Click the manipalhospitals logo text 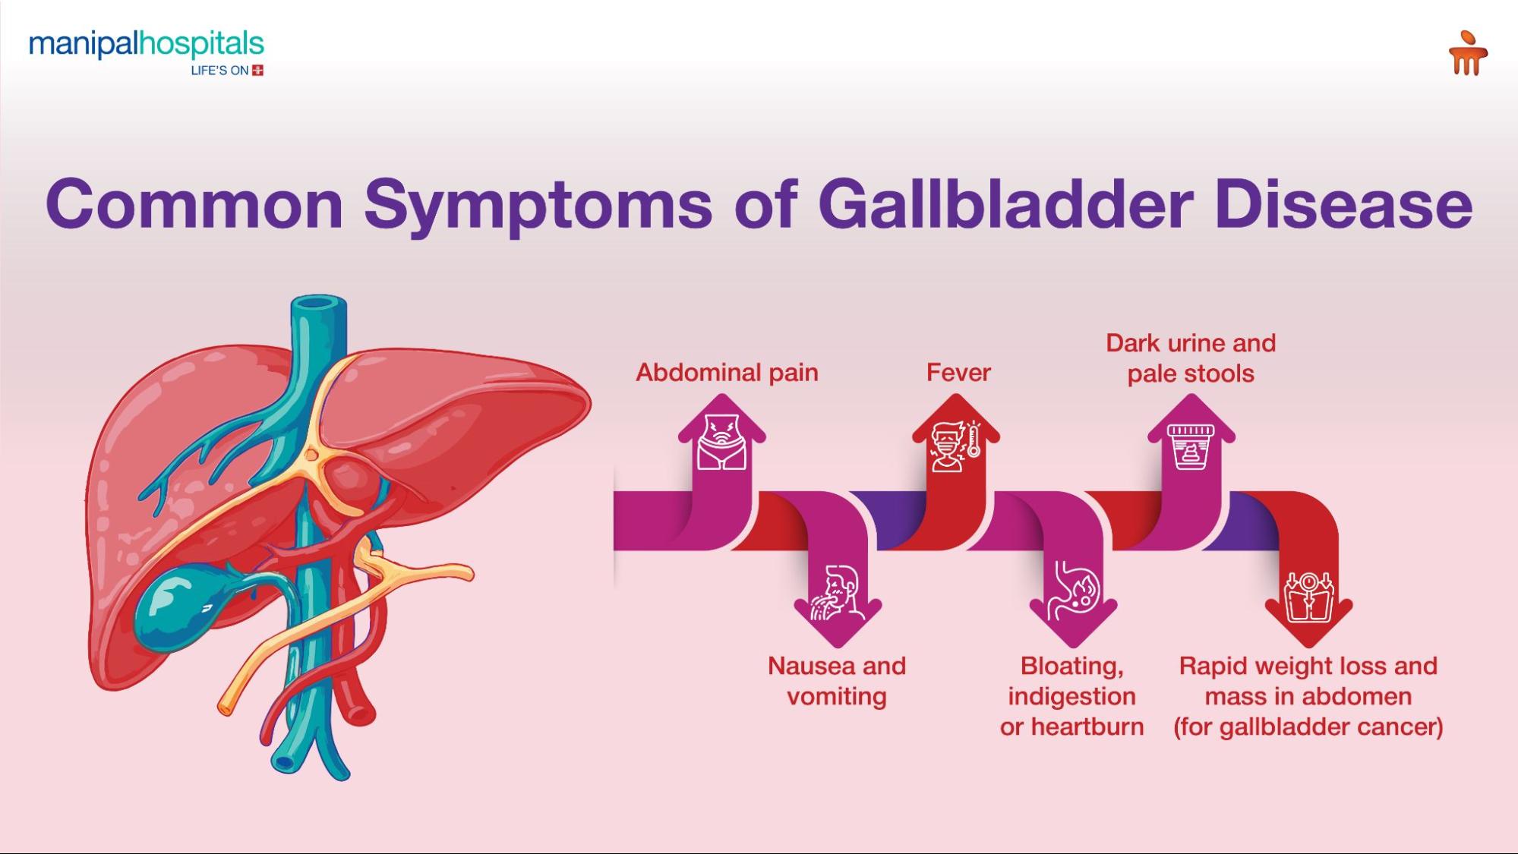[146, 45]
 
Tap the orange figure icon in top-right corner [1467, 53]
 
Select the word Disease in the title [1343, 203]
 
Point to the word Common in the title [194, 203]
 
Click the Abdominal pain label [727, 372]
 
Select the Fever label [958, 372]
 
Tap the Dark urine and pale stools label [1191, 358]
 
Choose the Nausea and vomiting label [837, 681]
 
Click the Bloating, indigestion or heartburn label [1071, 696]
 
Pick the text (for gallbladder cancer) [1308, 726]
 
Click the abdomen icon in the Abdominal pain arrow [721, 443]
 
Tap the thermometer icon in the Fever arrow [974, 440]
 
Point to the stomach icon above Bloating [1072, 591]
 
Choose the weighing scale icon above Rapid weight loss [1308, 597]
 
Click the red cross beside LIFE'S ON [257, 71]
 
